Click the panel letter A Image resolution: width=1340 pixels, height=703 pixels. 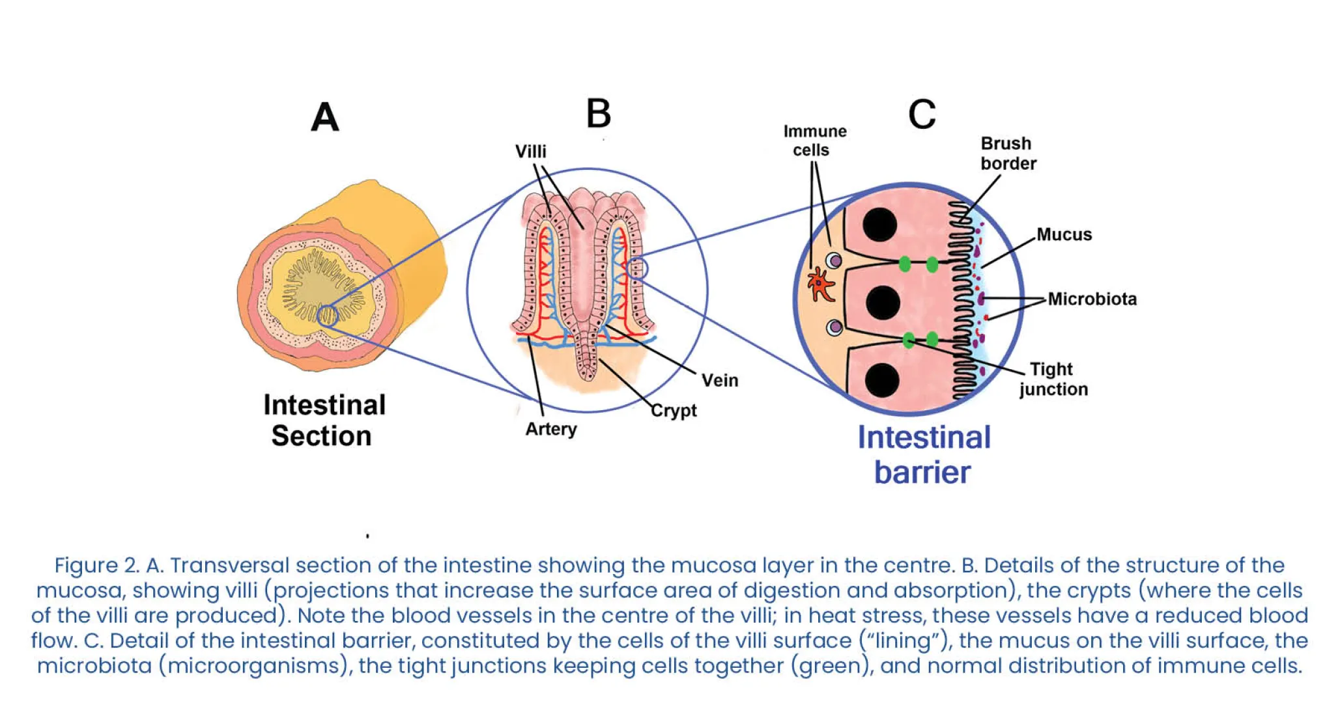(325, 118)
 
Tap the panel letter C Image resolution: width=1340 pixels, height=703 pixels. (921, 115)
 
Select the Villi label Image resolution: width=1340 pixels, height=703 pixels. (530, 152)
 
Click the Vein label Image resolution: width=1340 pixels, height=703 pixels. (719, 380)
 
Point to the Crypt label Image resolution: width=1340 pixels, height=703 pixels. (674, 411)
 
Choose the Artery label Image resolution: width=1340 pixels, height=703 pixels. (551, 430)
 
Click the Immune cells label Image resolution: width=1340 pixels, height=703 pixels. (814, 141)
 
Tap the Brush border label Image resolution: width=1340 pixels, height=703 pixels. (1008, 154)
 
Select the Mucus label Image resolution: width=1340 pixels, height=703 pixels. (1064, 234)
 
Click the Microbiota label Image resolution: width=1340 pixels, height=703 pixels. (1092, 299)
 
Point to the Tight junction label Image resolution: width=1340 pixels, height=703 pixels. (1053, 379)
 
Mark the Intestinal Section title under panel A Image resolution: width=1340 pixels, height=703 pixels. (324, 420)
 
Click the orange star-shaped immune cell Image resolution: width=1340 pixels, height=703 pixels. (820, 284)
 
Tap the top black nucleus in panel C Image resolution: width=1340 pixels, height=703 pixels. (879, 225)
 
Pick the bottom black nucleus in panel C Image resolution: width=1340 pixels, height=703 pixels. (882, 381)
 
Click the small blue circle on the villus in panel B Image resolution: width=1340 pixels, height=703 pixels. (636, 268)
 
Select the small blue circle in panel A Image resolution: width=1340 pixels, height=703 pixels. (327, 316)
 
